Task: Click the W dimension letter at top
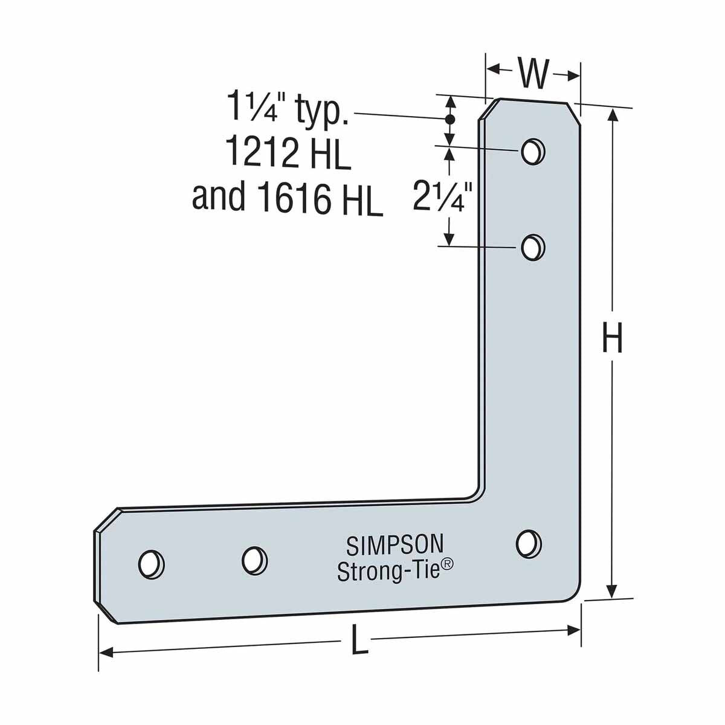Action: [x=533, y=74]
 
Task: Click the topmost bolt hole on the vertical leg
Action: [x=532, y=150]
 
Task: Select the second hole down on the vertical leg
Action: [x=533, y=247]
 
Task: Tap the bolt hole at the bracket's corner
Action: [x=528, y=543]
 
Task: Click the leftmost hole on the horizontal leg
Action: [x=150, y=563]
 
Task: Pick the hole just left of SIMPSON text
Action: [x=254, y=559]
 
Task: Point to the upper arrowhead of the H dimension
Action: [x=613, y=116]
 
